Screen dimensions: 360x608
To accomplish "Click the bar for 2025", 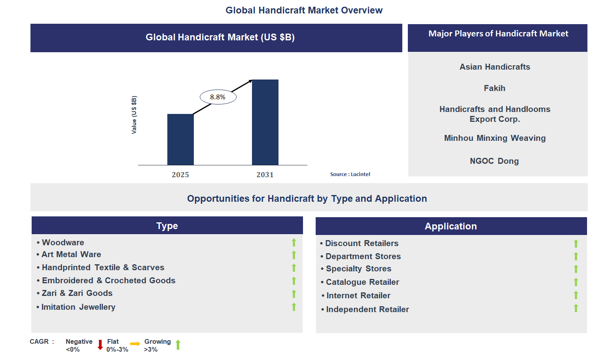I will (180, 139).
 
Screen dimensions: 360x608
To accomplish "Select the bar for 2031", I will (265, 122).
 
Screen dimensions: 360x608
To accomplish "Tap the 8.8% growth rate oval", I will (218, 97).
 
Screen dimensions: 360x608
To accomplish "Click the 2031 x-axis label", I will (265, 174).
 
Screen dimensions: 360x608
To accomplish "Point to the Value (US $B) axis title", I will (134, 115).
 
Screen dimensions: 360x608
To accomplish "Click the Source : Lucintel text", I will (350, 174).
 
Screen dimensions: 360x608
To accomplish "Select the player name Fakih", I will (494, 88).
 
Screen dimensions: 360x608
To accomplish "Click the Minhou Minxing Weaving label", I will (494, 138).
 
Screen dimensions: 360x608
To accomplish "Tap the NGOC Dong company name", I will (494, 161).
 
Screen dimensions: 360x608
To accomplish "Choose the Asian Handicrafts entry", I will (494, 67).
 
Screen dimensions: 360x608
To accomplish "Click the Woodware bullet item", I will (63, 243).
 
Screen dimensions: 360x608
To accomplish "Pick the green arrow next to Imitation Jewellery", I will (294, 307).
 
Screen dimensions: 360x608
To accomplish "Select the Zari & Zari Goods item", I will (77, 293).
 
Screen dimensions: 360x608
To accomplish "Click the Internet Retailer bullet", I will (358, 296).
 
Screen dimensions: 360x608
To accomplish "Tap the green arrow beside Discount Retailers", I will (576, 244).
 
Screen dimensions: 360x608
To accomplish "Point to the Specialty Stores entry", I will (358, 269).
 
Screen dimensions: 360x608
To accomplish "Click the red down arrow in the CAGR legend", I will (100, 345).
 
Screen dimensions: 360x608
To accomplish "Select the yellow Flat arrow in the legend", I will (135, 344).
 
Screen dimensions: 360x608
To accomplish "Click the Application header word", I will (451, 226).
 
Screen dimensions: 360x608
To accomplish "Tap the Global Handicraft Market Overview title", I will (304, 10).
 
